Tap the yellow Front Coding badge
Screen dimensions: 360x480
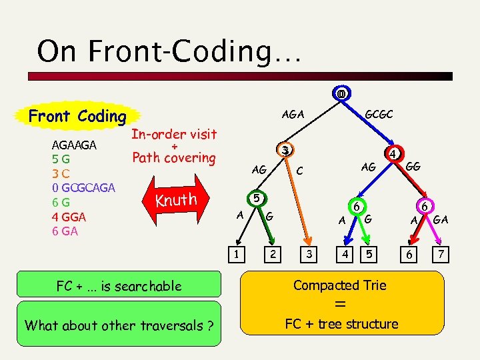tap(77, 116)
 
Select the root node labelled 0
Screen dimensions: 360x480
tap(341, 94)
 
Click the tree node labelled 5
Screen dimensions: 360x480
tap(255, 198)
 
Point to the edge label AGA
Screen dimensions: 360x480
tap(293, 114)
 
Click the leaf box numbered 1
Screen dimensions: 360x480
tap(236, 254)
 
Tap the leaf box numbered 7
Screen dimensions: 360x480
tap(438, 254)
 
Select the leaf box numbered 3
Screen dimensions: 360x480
tap(308, 254)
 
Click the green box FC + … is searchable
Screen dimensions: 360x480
tap(119, 286)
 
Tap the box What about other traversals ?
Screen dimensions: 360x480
tap(119, 325)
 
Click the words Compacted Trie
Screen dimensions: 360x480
tap(339, 285)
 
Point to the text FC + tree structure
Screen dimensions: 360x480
tap(341, 324)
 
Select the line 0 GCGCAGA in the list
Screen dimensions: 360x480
tap(83, 187)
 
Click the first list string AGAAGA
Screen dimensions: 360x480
tap(74, 145)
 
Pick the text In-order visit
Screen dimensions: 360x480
tap(173, 134)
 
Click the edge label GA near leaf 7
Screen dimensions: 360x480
tap(441, 219)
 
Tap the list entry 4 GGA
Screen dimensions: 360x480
tap(69, 217)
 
